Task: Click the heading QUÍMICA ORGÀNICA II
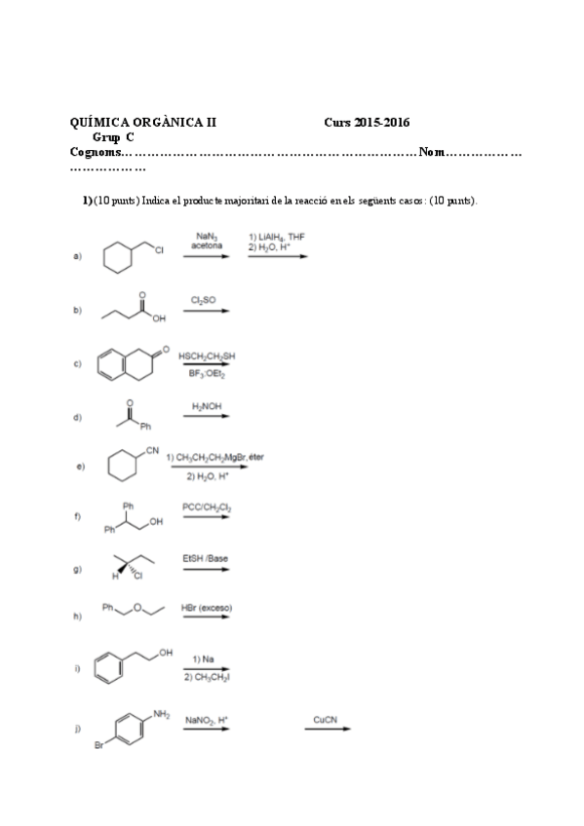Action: point(143,123)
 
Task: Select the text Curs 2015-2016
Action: point(367,123)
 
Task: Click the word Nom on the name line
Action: point(431,152)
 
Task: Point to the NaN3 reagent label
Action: point(206,235)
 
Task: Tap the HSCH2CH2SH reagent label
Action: point(207,357)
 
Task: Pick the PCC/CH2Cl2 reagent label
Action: point(207,507)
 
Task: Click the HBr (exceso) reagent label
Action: point(207,608)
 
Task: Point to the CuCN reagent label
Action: point(326,719)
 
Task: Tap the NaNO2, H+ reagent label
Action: point(207,720)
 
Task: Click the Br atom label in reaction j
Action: point(98,747)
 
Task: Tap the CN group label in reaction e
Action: point(152,449)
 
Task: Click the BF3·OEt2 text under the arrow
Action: point(207,374)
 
